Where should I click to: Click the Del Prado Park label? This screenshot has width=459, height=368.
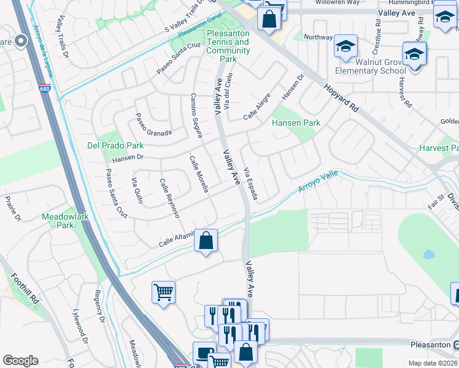click(115, 146)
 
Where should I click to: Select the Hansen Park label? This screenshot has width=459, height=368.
click(296, 123)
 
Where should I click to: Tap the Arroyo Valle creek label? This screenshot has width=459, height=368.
click(318, 182)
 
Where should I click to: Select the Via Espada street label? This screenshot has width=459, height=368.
click(250, 183)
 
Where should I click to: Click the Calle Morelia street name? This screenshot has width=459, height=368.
click(199, 173)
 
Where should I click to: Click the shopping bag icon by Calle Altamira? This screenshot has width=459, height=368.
click(207, 240)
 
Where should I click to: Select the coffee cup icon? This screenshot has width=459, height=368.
click(204, 354)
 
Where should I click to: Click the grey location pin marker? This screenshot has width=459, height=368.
click(21, 41)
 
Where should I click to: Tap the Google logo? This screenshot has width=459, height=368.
click(20, 361)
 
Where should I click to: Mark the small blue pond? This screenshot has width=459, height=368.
click(429, 254)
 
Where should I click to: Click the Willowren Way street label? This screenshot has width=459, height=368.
click(337, 2)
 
